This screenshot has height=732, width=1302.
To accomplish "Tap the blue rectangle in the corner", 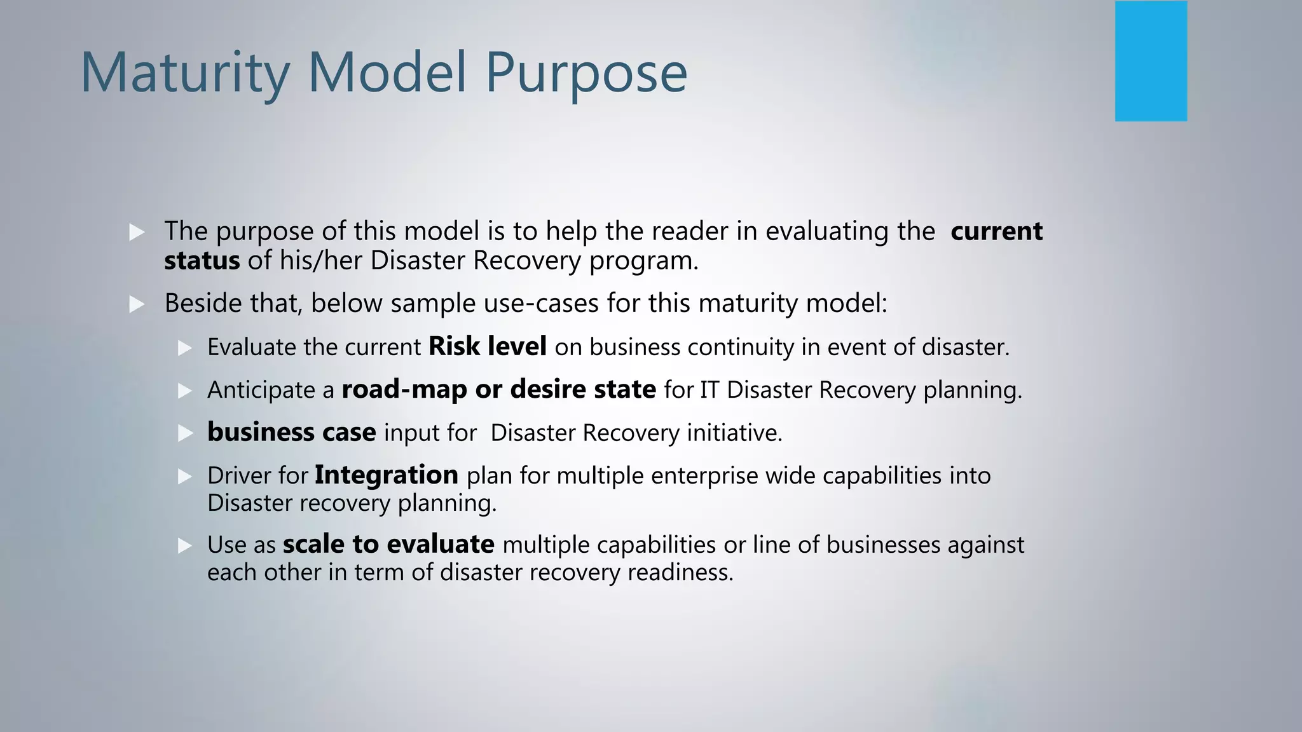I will (x=1151, y=61).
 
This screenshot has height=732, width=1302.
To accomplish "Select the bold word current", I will (x=996, y=231).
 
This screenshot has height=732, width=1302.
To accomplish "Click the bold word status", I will (x=202, y=261).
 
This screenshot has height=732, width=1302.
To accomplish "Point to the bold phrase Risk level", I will (x=487, y=347).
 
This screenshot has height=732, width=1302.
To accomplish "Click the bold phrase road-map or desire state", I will (x=498, y=390).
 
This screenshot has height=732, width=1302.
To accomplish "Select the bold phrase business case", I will (x=291, y=433).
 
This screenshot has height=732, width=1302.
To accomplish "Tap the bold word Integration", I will (x=386, y=475).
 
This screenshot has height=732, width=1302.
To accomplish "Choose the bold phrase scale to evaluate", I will (x=388, y=545).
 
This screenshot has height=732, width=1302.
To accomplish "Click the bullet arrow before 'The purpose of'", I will (x=137, y=232).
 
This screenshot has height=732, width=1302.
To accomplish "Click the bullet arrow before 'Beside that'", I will (x=137, y=304).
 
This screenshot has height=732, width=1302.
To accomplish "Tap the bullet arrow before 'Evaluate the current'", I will (x=185, y=348).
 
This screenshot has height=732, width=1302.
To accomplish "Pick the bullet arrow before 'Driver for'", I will (x=185, y=476).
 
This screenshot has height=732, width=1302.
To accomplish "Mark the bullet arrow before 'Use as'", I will (x=185, y=545).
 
